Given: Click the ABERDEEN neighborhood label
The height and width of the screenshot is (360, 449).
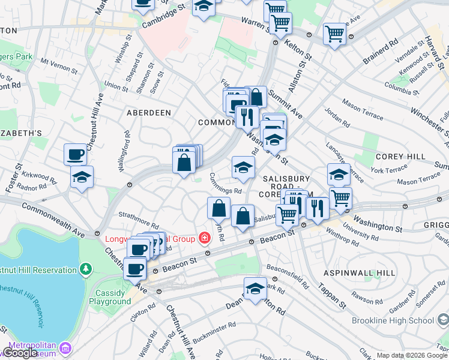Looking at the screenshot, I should coord(148,113).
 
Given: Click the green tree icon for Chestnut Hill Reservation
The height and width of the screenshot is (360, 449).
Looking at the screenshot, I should coord(86,268).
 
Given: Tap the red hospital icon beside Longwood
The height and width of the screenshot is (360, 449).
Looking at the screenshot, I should coord(205,239).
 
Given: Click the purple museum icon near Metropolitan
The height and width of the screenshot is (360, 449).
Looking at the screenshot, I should coord(65,347).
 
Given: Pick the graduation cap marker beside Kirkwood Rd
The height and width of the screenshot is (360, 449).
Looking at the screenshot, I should coord(82,177).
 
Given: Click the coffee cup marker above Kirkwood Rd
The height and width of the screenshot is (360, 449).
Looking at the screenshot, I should coord(75,154).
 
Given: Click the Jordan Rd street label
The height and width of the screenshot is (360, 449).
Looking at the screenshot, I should coord(337,118).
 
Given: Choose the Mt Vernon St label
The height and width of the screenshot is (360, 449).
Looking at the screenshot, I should coord(58,62).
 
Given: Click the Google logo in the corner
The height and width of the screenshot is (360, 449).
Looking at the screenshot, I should coord(20,353).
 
